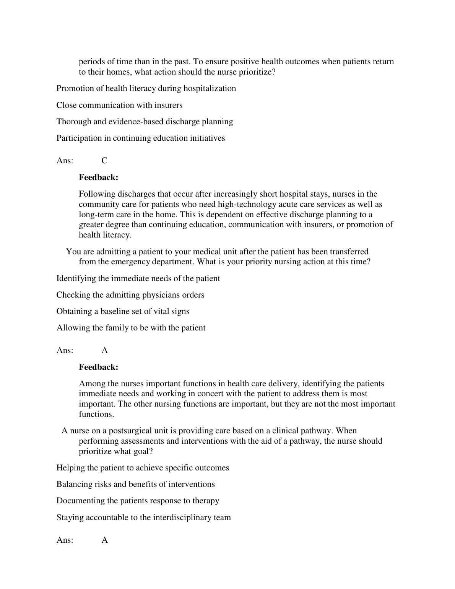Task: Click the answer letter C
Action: pos(104,161)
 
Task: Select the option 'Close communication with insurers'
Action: pos(119,105)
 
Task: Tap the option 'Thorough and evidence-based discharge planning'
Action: pos(145,122)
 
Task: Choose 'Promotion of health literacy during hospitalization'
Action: pos(146,88)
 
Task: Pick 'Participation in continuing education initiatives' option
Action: pos(141,138)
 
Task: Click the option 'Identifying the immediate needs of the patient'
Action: pos(138,278)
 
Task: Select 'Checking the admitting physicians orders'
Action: pos(130,295)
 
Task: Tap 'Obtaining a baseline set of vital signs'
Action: pos(123,311)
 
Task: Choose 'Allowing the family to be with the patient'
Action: pos(131,328)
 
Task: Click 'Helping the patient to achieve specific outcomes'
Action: pos(143,468)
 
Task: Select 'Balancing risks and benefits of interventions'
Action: pos(135,484)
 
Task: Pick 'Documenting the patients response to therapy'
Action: pos(138,501)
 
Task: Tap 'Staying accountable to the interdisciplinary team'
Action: pos(143,517)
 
